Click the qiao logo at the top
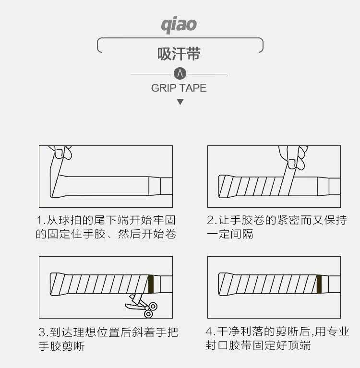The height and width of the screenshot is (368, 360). (179, 24)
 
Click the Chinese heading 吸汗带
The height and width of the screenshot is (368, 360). (179, 54)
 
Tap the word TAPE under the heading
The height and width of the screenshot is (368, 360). (193, 88)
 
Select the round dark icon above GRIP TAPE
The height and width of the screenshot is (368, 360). (180, 74)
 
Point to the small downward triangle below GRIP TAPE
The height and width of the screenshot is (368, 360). (180, 102)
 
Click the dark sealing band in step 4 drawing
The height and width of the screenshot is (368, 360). (319, 284)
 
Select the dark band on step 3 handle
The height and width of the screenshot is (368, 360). (151, 284)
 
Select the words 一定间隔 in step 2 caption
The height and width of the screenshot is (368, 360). (230, 235)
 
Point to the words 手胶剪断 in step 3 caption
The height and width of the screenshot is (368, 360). (61, 346)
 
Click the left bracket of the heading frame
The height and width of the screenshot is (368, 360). (99, 46)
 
